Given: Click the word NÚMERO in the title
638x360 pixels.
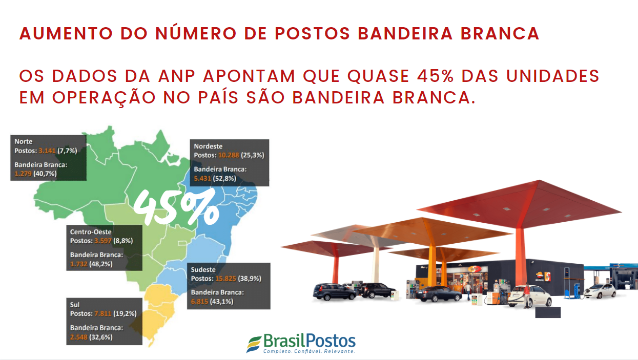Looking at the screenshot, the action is coord(196,33).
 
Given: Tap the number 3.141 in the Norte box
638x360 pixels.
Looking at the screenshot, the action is coord(47,151).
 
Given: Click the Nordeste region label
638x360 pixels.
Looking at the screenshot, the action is coord(208,146).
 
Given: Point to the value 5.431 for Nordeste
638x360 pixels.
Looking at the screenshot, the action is coord(202,178).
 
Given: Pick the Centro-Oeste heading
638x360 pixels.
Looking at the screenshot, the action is coord(91,232).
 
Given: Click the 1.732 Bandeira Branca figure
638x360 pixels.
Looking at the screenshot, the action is coord(78,264).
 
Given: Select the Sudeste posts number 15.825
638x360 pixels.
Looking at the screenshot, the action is coord(225,279).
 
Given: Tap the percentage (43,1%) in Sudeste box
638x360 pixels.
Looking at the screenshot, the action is coord(221,302).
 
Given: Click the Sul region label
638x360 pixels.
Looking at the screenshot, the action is coord(75,305).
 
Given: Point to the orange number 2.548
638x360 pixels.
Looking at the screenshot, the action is coord(78,337).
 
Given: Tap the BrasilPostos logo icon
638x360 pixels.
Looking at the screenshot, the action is coord(254,344).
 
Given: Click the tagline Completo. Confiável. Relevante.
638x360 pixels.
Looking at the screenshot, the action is coord(309,351).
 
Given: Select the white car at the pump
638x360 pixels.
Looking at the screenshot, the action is coord(530,296).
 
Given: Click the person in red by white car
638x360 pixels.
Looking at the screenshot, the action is coord(527,295).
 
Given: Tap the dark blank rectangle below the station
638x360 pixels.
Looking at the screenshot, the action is coord(548,312).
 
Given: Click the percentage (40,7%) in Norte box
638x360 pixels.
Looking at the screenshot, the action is coord(45,174).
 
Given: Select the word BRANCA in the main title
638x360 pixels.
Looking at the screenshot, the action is coord(500,33).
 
